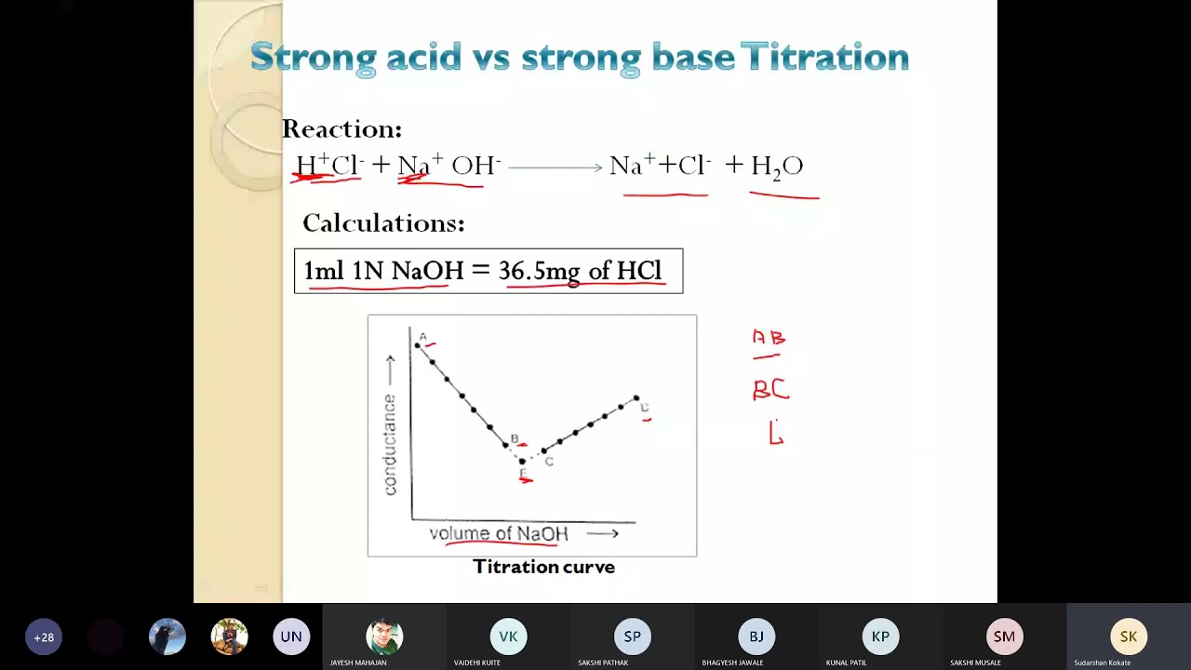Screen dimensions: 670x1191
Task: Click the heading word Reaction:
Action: pos(341,129)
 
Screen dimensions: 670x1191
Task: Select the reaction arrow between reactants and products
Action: pos(555,167)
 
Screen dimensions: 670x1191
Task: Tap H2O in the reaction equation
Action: pos(776,167)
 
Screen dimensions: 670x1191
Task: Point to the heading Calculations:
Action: pos(383,223)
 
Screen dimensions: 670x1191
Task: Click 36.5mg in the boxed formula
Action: pos(540,271)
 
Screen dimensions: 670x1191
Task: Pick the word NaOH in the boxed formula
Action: pos(427,271)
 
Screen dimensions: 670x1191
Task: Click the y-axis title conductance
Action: pos(390,444)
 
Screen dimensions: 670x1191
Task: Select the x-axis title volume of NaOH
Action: pos(499,533)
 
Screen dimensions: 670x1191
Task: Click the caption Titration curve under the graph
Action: pos(543,567)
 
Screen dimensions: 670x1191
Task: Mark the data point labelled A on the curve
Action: pos(418,346)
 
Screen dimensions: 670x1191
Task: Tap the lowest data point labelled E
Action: pos(522,461)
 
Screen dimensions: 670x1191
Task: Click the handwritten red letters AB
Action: pos(769,338)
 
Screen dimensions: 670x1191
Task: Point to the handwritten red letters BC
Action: pos(770,391)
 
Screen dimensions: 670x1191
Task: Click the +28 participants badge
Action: pos(44,637)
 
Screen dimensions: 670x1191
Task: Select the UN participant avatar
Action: pos(291,637)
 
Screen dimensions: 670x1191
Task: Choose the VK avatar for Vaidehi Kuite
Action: pos(508,636)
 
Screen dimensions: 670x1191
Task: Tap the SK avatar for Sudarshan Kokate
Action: pos(1128,636)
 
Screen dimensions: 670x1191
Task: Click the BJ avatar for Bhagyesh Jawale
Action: pos(756,636)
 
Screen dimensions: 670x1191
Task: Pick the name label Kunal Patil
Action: pos(846,663)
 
